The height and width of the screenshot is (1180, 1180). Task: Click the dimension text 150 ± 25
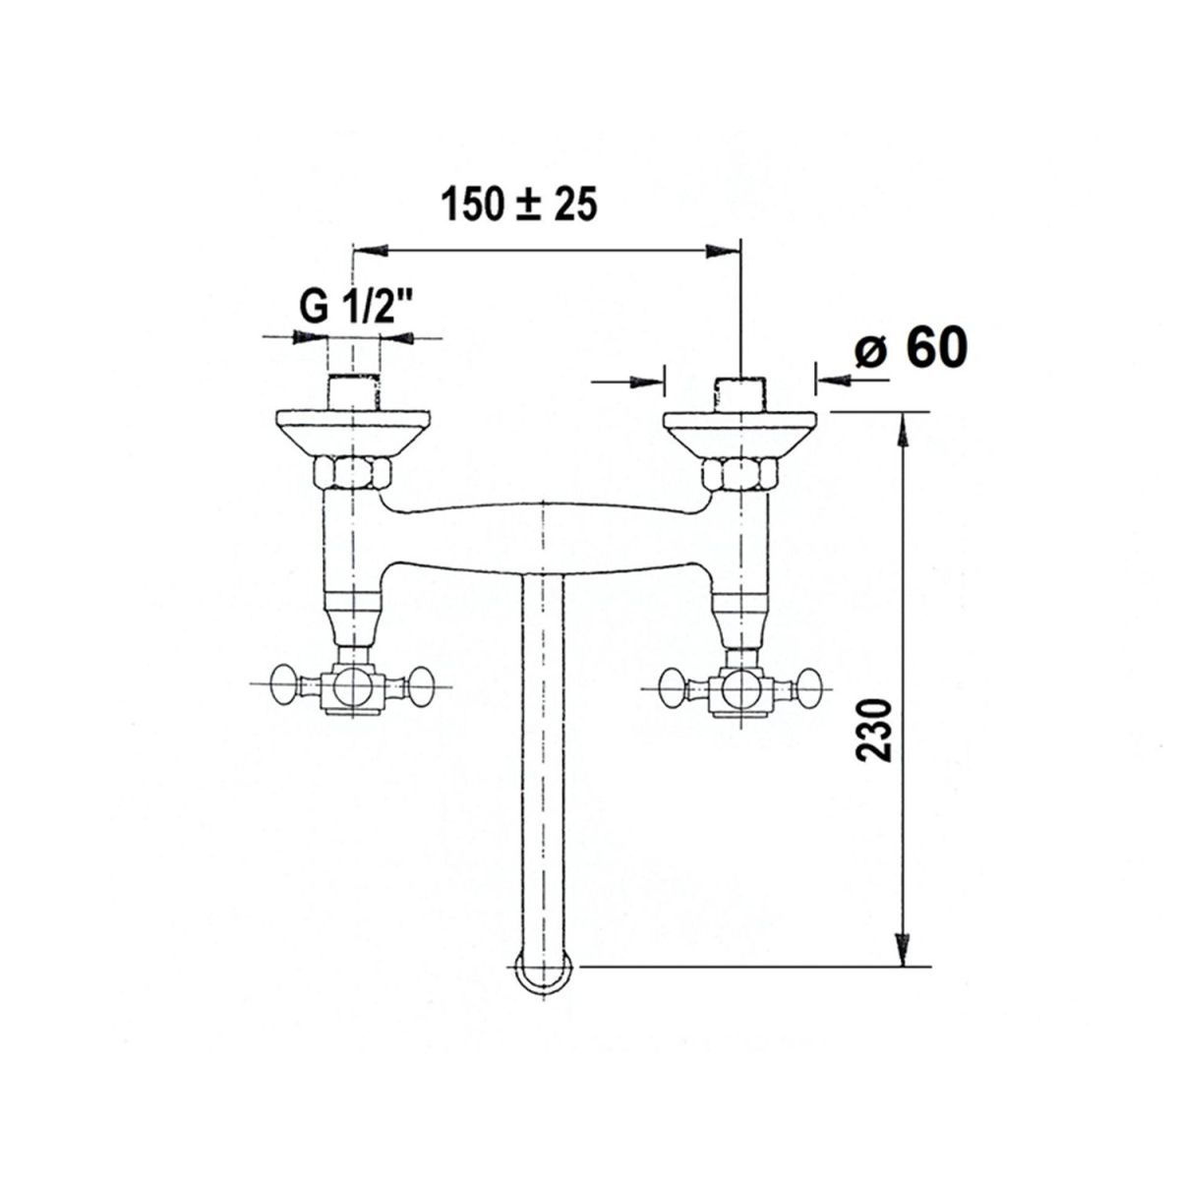518,205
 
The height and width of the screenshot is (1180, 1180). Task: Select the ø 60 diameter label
912,348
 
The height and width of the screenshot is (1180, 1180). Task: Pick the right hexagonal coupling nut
741,473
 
